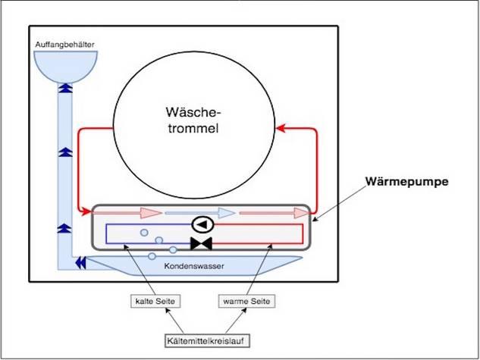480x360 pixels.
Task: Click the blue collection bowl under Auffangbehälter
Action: coord(65,64)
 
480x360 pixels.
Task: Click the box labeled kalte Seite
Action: coord(155,302)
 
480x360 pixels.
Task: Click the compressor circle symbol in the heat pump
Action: coord(202,224)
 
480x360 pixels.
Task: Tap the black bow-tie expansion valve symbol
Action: coord(202,243)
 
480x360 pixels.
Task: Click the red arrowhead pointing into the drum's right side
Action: coord(282,128)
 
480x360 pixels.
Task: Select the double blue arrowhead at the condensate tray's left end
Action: coord(80,262)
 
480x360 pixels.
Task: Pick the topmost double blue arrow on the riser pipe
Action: coord(64,89)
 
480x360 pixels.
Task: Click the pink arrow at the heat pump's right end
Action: coord(269,213)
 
